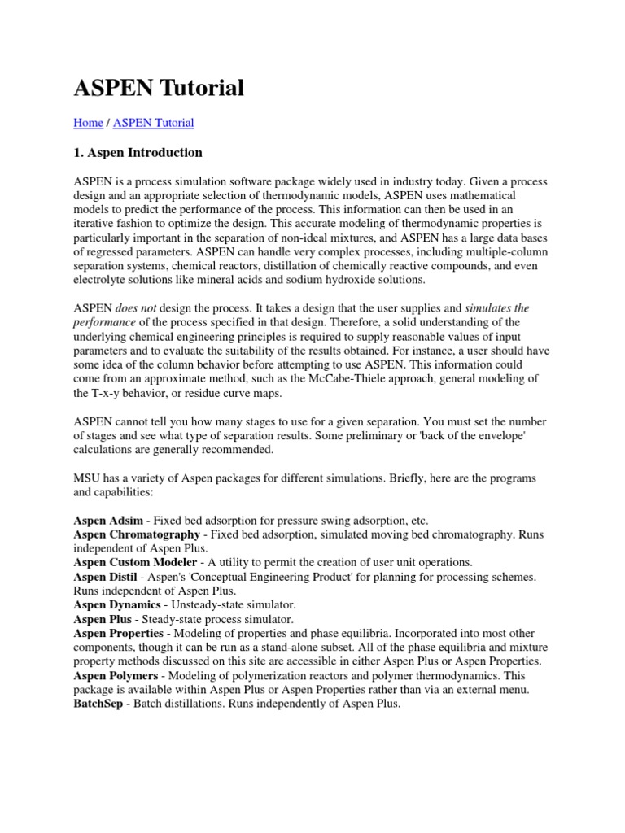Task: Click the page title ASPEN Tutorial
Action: [x=159, y=88]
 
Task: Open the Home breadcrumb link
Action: [x=88, y=123]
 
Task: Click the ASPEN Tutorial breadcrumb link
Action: [x=153, y=123]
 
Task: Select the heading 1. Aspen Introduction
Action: [x=138, y=152]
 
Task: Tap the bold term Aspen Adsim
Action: [x=108, y=520]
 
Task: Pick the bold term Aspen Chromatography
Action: [x=137, y=534]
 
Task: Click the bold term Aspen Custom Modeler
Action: [x=135, y=562]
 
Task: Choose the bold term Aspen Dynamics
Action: [x=117, y=604]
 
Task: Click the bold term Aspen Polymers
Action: [x=116, y=674]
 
